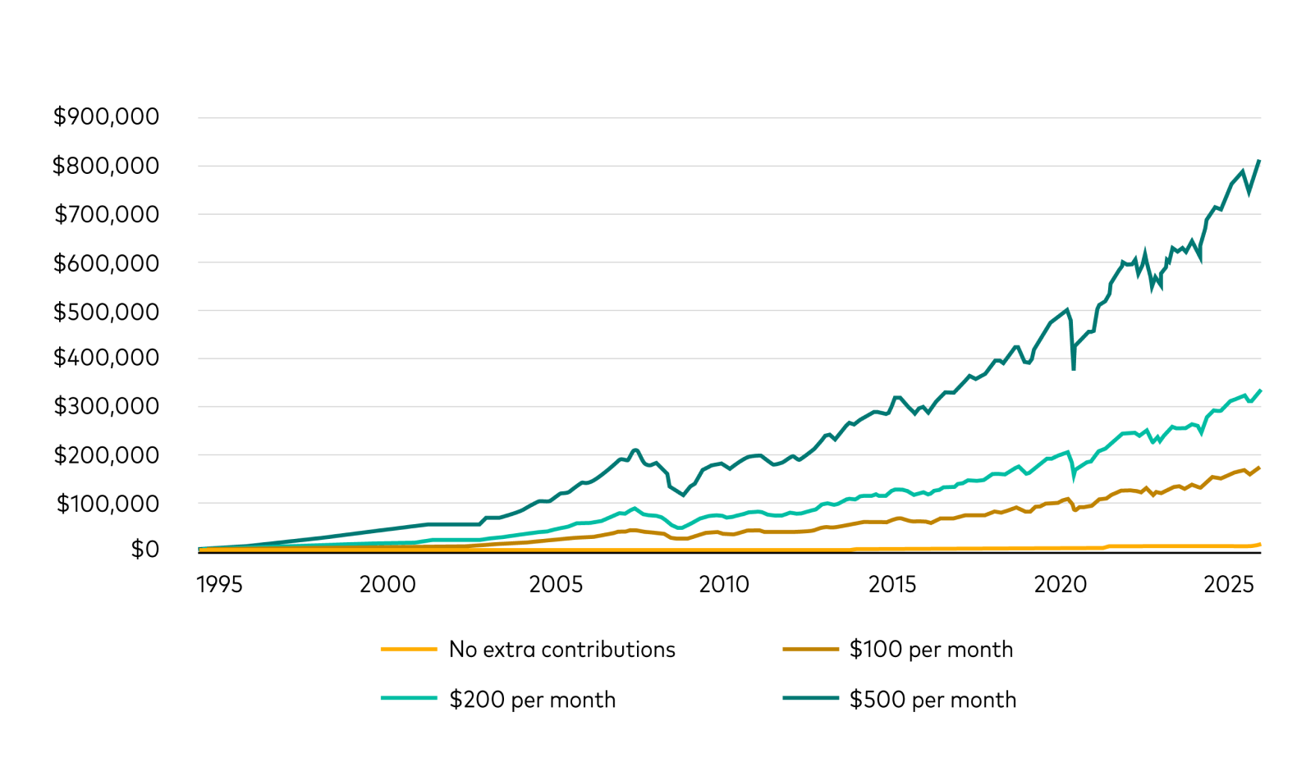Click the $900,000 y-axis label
(106, 116)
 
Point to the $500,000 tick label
(106, 312)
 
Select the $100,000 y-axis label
(108, 504)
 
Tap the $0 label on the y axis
(144, 549)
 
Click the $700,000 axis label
(106, 215)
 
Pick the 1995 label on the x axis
(219, 584)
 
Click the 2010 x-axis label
(723, 584)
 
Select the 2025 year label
(1228, 584)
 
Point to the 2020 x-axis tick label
(1060, 584)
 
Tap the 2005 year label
(556, 584)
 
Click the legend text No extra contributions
(561, 650)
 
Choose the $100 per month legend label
(931, 650)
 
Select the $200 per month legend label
(532, 700)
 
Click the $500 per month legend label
(933, 700)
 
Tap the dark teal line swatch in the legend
(810, 699)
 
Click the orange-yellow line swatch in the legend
(409, 650)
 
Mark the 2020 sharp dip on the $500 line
(1074, 368)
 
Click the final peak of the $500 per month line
(1259, 161)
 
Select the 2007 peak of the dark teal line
(635, 450)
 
